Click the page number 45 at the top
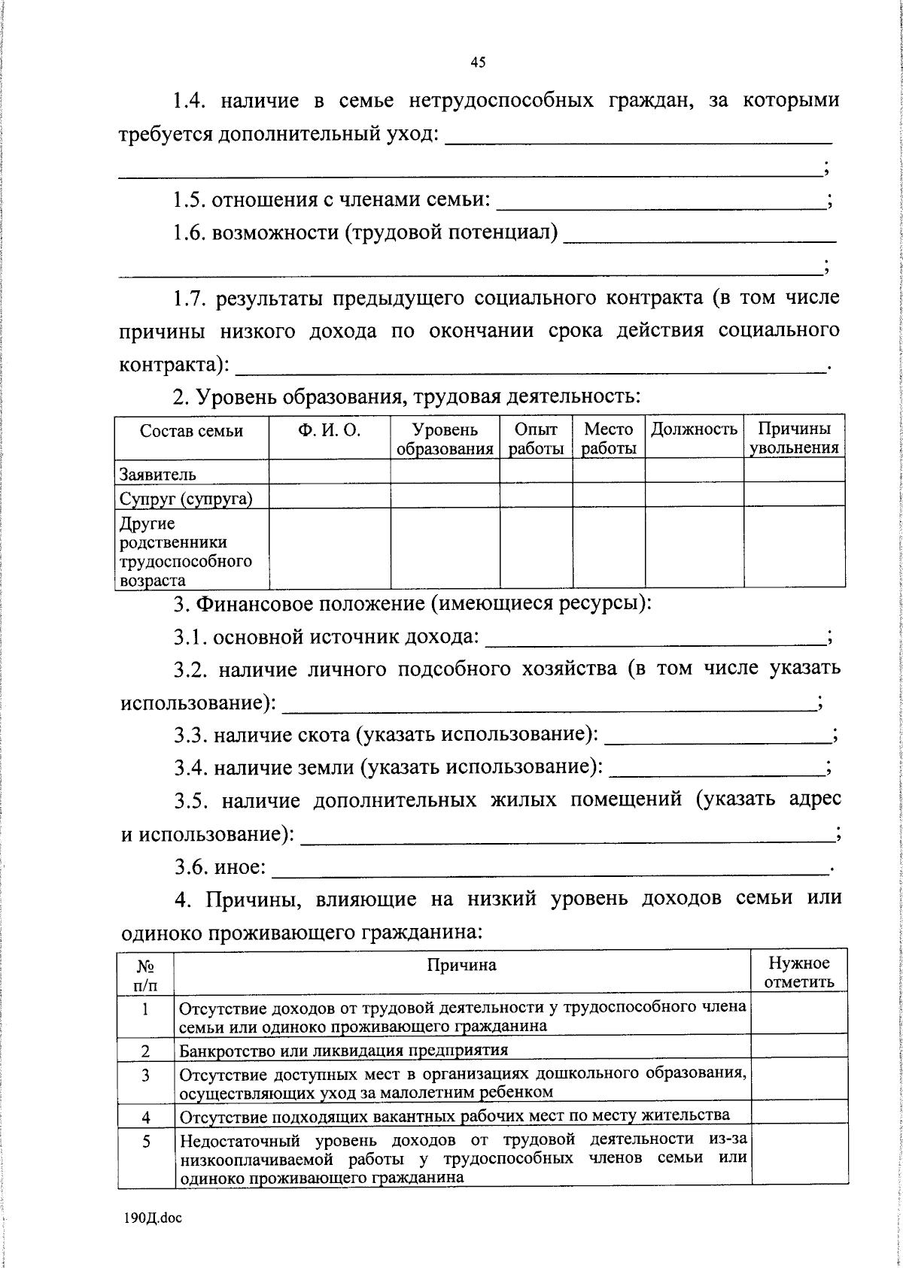point(478,63)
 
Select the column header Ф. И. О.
point(329,430)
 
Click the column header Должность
point(694,429)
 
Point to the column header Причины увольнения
point(794,438)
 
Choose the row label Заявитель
point(158,475)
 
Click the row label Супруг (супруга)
point(186,499)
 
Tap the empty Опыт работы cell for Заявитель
point(536,471)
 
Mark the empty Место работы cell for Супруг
point(608,496)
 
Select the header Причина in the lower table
point(462,965)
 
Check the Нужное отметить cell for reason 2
point(799,1049)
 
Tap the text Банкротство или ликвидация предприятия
point(343,1050)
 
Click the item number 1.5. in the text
point(189,201)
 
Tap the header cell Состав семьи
point(191,431)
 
